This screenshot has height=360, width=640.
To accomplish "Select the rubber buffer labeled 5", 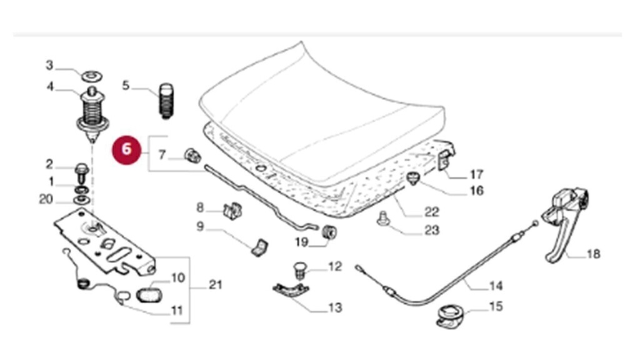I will click(x=166, y=100).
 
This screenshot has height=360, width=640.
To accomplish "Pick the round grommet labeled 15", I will click(x=448, y=312).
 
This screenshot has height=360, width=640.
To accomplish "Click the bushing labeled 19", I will click(x=328, y=233).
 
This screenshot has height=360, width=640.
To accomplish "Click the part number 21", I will click(x=214, y=286).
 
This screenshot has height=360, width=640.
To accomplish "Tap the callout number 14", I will click(x=495, y=286).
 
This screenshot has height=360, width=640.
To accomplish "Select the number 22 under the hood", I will click(x=431, y=212).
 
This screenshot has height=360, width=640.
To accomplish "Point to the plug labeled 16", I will click(x=412, y=179).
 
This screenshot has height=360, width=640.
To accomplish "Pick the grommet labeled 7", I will click(x=192, y=155).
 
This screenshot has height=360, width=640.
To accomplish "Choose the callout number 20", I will click(x=46, y=200).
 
